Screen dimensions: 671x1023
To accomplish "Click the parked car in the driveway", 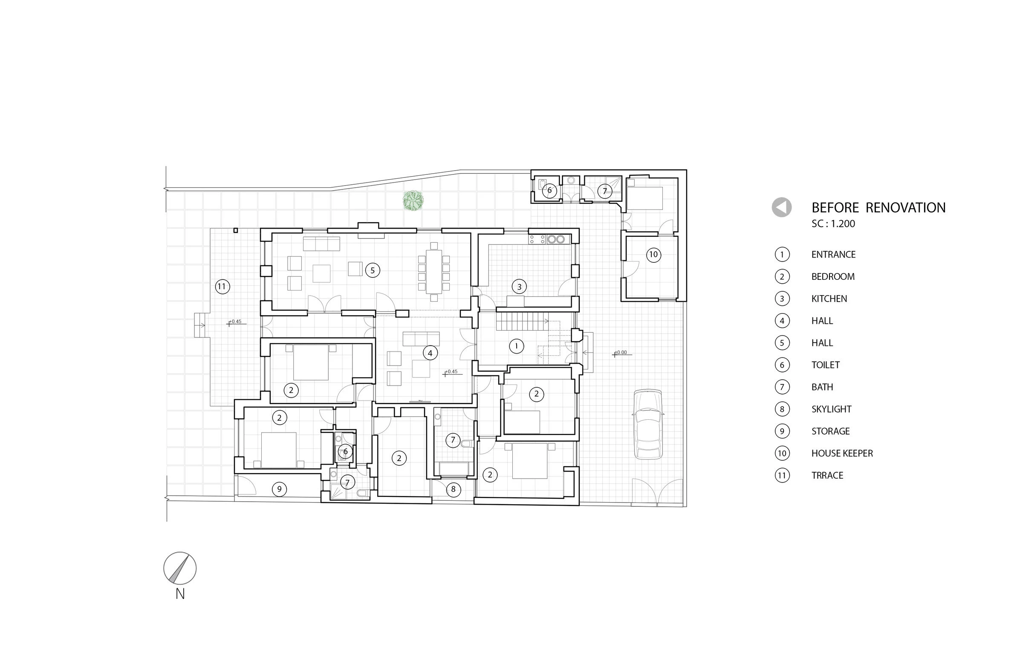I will (x=648, y=424).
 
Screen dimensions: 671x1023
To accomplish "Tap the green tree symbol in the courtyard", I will (x=413, y=200).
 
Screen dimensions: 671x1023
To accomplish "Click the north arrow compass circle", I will (x=180, y=568).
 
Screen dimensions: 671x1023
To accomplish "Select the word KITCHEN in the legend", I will (x=829, y=299).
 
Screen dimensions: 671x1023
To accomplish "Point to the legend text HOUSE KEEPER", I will (x=841, y=453).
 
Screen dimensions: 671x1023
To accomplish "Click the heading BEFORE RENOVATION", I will (x=878, y=208).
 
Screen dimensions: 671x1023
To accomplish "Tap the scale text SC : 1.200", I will (x=833, y=224).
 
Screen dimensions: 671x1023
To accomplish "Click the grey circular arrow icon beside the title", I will (x=781, y=207).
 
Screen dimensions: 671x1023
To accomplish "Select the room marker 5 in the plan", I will (x=372, y=270).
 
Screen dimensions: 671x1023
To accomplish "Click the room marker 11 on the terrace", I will (x=222, y=287).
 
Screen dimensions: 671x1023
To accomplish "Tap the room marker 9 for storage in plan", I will (x=279, y=489).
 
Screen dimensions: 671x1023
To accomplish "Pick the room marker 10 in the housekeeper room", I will (x=653, y=255).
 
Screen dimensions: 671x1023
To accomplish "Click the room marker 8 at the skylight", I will (x=453, y=489).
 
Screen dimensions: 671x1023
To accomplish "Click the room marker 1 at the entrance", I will (x=516, y=346).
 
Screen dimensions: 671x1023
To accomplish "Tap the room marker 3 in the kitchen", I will (x=519, y=287).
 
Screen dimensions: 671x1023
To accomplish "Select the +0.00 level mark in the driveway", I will (x=621, y=353).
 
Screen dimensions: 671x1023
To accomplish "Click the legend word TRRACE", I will (x=827, y=475).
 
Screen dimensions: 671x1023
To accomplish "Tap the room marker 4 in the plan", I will (x=430, y=353).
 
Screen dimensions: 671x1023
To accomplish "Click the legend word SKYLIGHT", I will (x=831, y=409).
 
